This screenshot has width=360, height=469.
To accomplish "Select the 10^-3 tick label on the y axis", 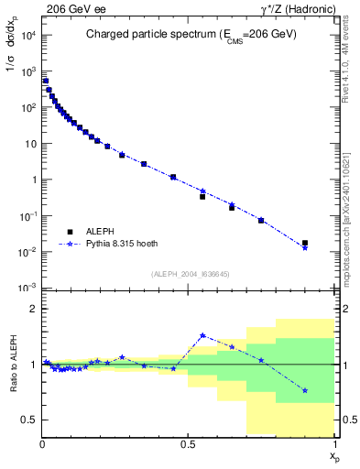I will point(29,288).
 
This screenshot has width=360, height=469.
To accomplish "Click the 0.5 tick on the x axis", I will point(189,443).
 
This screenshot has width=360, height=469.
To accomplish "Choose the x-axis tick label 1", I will point(334,443).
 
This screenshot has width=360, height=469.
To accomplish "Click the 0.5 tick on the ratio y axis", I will point(31,420).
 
